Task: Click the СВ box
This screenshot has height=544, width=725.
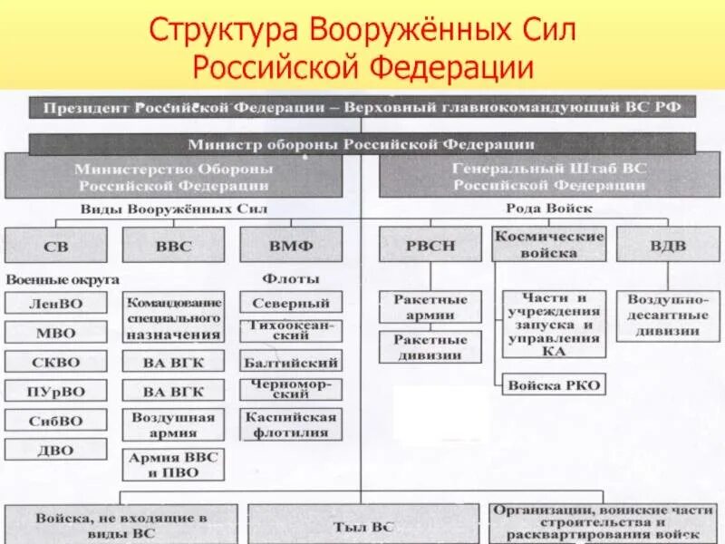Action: [x=55, y=245]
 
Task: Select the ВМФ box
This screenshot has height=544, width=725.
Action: [x=291, y=245]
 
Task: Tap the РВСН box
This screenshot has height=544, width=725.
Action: [x=430, y=245]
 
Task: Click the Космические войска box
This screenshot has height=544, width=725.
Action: [x=548, y=245]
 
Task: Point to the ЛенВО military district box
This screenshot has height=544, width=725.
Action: [x=56, y=303]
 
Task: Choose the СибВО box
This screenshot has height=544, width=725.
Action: [x=56, y=421]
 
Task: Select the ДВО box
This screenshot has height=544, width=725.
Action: [x=56, y=450]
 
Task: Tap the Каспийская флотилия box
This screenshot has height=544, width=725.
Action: [x=291, y=423]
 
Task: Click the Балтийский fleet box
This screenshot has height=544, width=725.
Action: [x=291, y=363]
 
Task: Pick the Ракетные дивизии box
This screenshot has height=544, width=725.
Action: [x=430, y=347]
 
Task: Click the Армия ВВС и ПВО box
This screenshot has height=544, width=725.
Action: [x=173, y=464]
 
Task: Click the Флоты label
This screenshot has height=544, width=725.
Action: [x=289, y=278]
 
